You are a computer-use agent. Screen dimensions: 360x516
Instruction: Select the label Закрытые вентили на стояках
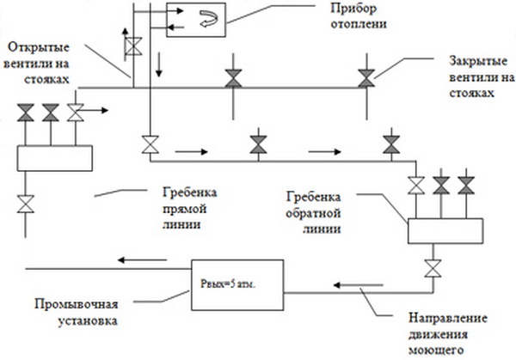click(x=472, y=76)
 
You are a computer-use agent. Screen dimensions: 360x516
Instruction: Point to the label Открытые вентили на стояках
click(x=46, y=61)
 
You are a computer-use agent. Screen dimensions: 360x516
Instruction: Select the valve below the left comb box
click(x=27, y=204)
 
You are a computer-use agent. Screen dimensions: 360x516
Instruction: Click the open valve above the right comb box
click(x=417, y=184)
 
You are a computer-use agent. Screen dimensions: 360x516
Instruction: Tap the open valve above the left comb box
click(x=75, y=112)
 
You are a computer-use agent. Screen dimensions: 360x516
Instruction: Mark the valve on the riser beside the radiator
click(x=132, y=45)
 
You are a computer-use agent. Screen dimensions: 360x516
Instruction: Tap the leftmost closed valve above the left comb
click(x=27, y=112)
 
